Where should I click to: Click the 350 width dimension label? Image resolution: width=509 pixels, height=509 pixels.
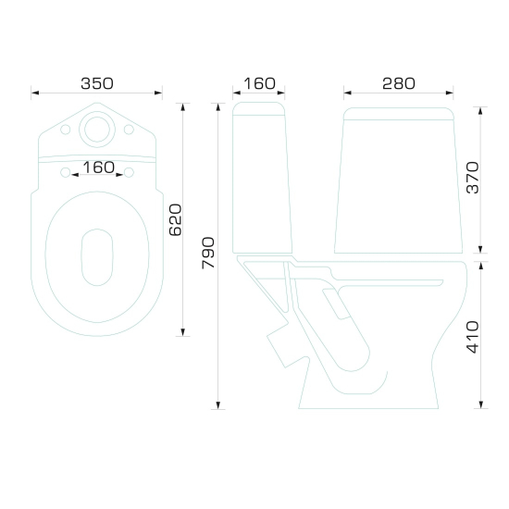click(97, 83)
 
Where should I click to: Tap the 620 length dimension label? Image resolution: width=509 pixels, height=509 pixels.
click(176, 219)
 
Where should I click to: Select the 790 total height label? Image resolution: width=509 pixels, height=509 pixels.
click(208, 253)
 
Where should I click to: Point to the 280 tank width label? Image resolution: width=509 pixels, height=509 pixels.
click(399, 83)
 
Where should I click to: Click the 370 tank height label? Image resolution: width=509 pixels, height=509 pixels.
click(473, 178)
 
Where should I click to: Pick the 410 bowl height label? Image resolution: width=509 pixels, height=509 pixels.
click(473, 337)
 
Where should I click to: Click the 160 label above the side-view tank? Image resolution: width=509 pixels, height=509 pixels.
click(259, 83)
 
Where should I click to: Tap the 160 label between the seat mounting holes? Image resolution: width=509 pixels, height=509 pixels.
click(98, 168)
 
